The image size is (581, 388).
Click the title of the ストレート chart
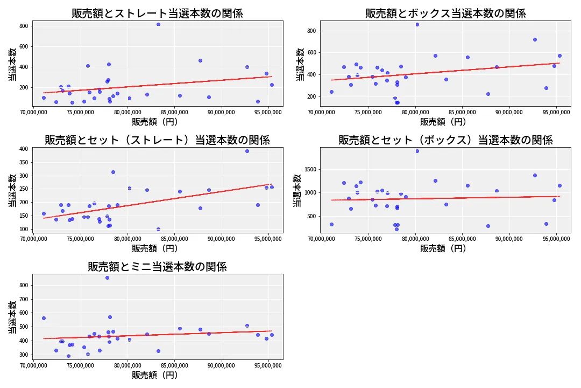click(158, 13)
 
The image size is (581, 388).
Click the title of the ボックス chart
click(445, 13)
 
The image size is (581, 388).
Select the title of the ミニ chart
click(158, 267)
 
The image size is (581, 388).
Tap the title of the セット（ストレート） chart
click(158, 140)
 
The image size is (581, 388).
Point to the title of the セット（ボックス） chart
click(445, 140)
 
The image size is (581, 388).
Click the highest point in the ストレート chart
click(158, 24)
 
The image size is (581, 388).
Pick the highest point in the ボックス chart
click(417, 24)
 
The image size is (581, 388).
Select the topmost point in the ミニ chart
click(107, 278)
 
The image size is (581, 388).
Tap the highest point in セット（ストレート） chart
click(247, 151)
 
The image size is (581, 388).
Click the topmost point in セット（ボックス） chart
click(417, 151)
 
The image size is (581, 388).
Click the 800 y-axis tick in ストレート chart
click(24, 26)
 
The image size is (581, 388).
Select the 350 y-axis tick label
click(24, 162)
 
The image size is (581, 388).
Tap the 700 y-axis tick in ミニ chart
click(24, 299)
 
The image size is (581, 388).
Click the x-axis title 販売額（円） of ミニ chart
click(158, 376)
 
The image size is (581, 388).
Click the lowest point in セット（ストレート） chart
click(158, 229)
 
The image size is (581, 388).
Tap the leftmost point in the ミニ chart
click(44, 318)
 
